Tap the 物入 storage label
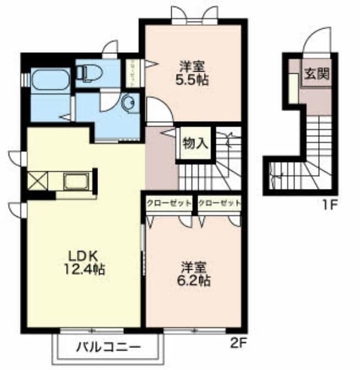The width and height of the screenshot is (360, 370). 195,144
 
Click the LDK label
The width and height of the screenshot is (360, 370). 83,255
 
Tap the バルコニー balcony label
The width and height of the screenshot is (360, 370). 108,347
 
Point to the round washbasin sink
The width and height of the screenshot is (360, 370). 129,102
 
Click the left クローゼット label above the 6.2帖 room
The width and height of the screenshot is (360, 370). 169,203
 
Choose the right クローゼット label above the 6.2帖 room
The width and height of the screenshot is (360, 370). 219,203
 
